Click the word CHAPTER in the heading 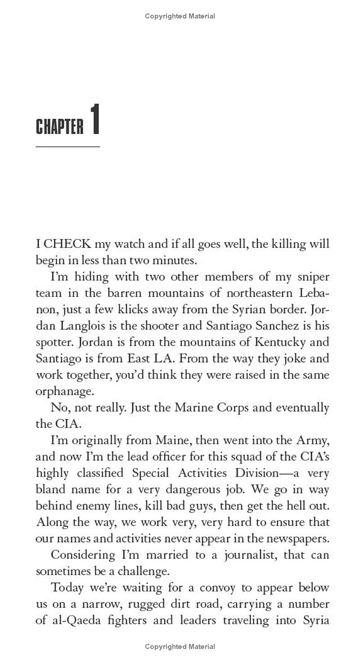pos(59,127)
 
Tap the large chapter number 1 pos(94,119)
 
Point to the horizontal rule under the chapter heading pos(67,147)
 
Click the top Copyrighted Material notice pos(180,16)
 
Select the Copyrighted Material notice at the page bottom pos(180,647)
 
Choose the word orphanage pos(64,392)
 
